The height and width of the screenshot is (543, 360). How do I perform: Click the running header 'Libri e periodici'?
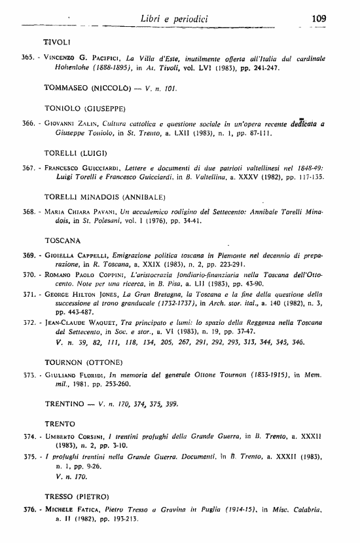[x=174, y=20]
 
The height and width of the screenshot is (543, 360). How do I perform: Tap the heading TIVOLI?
[x=56, y=42]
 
